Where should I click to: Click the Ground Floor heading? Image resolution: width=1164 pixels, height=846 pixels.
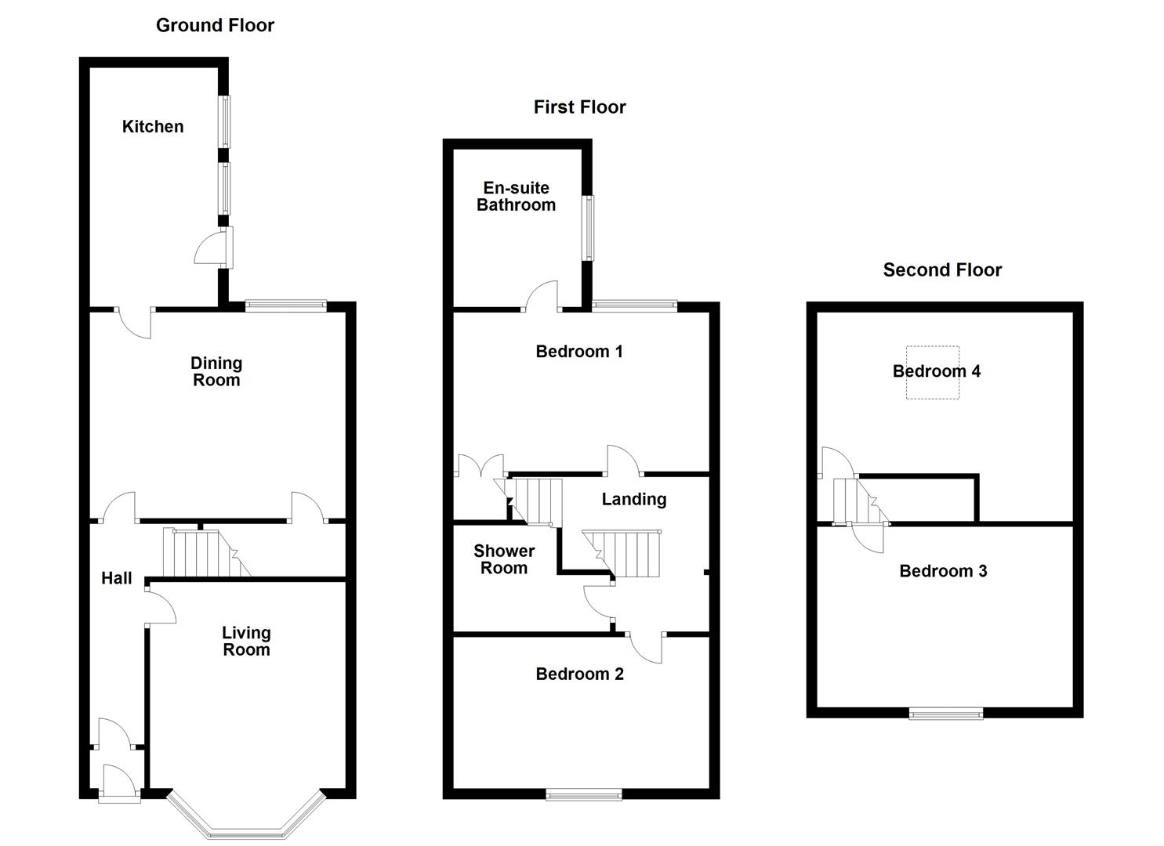point(215,25)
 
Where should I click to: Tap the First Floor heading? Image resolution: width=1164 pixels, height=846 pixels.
point(579,107)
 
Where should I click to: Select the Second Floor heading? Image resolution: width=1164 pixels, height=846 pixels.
point(942,270)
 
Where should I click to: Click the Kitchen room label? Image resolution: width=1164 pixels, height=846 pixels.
point(153,127)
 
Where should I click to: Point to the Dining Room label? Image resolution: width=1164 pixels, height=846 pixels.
point(216,372)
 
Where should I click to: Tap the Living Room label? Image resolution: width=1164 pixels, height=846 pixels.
point(246,642)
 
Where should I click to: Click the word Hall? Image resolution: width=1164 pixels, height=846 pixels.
point(117,579)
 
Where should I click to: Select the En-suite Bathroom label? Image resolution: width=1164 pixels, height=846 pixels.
point(516,197)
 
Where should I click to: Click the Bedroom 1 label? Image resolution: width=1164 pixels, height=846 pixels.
point(579,352)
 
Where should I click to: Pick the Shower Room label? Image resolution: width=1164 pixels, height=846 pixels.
point(504,560)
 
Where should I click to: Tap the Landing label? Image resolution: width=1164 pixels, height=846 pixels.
point(633,500)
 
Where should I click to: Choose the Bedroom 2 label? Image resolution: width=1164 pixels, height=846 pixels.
point(579,674)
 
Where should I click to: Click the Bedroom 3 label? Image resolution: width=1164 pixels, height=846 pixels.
point(943,571)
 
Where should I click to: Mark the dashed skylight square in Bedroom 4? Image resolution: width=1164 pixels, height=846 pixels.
point(933,373)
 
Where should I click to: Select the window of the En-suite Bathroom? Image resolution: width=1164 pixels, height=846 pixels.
point(587,228)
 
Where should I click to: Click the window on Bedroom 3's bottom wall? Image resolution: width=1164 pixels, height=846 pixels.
point(945,713)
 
